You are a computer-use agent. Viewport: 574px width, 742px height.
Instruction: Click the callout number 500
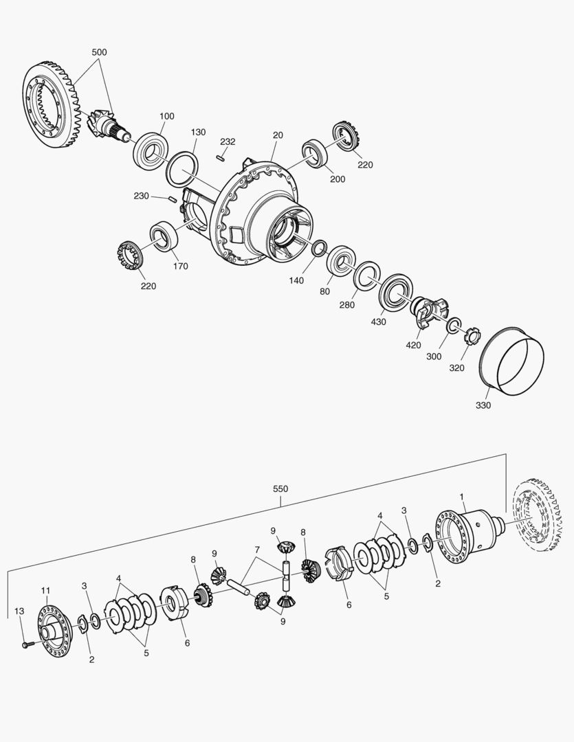click(x=99, y=52)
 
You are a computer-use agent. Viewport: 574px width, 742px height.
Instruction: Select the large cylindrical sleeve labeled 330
click(x=512, y=361)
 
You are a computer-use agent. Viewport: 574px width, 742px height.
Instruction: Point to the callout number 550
click(x=280, y=489)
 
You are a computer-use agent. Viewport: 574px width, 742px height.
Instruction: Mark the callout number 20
click(x=278, y=135)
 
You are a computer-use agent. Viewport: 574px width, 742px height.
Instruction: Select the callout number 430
click(x=379, y=322)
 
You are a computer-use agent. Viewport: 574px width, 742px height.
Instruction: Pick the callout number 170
click(x=180, y=267)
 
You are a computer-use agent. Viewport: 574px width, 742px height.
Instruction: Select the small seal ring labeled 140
click(x=320, y=248)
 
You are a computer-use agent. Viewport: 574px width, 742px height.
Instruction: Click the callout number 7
click(x=256, y=550)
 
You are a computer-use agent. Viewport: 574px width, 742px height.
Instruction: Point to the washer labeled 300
click(x=455, y=325)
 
